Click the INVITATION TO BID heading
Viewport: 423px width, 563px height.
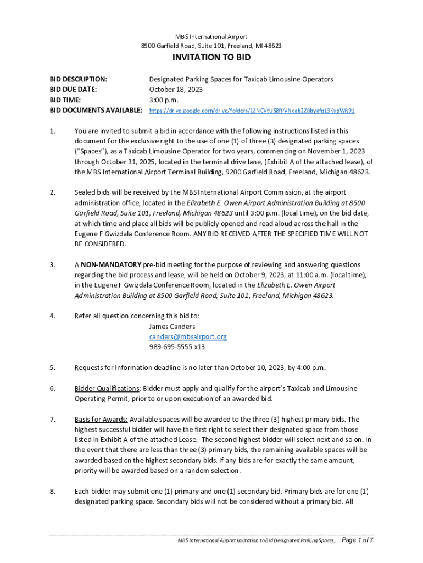(x=211, y=58)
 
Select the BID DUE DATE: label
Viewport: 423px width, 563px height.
(x=73, y=89)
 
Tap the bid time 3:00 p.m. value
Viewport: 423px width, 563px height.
(x=164, y=100)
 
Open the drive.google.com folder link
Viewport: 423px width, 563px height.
(x=252, y=111)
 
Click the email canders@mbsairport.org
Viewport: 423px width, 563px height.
(x=187, y=336)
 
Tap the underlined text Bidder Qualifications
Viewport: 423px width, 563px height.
(x=107, y=388)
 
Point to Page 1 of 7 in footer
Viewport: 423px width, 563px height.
(x=357, y=540)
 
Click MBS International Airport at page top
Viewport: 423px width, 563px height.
(x=211, y=37)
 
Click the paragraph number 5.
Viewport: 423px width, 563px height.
(x=52, y=367)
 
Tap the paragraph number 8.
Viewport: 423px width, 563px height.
(x=52, y=491)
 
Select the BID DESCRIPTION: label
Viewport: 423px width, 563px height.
(x=78, y=79)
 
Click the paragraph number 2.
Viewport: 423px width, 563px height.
(x=52, y=192)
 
